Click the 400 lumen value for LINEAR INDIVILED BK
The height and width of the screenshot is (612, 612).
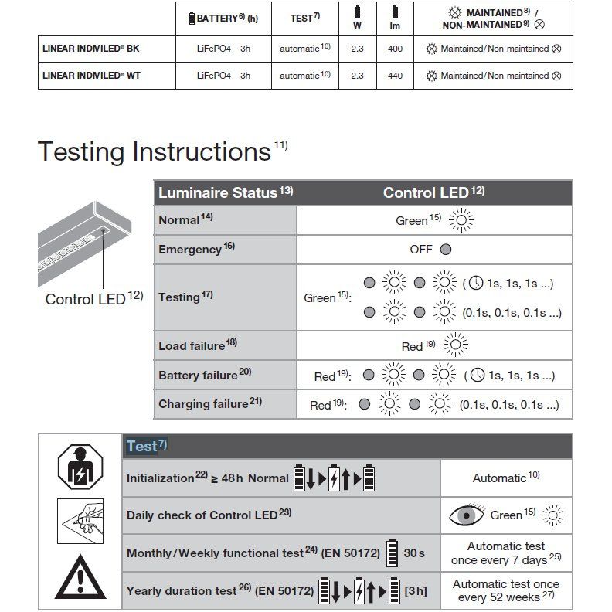pos(395,49)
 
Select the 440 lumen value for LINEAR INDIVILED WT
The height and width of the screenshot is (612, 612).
pos(395,76)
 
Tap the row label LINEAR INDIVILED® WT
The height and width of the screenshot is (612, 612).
pos(90,76)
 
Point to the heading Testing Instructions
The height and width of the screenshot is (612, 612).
pos(154,151)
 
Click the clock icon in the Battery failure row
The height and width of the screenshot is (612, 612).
pos(477,376)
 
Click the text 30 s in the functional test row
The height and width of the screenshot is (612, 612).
pos(415,552)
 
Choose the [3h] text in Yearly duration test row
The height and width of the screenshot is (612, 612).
pos(416,592)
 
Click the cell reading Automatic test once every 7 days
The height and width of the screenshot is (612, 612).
pos(506,552)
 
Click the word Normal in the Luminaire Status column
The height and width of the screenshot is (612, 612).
pos(179,220)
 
